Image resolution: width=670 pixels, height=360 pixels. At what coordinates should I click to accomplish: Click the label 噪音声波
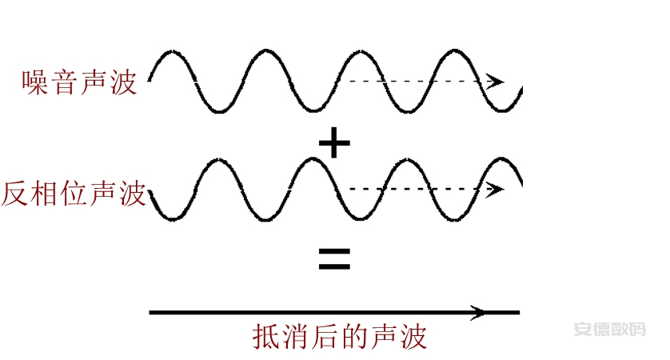pyautogui.click(x=79, y=82)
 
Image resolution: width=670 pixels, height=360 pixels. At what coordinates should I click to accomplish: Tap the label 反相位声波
pyautogui.click(x=74, y=194)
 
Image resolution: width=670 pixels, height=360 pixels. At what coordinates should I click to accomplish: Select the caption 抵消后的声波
pyautogui.click(x=340, y=337)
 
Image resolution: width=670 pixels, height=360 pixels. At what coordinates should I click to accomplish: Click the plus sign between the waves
pyautogui.click(x=334, y=143)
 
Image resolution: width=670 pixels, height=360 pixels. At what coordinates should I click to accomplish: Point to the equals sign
pyautogui.click(x=334, y=259)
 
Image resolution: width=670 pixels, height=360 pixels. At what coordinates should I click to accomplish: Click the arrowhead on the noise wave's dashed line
pyautogui.click(x=495, y=81)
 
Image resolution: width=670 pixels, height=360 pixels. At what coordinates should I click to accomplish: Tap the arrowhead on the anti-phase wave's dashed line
pyautogui.click(x=495, y=189)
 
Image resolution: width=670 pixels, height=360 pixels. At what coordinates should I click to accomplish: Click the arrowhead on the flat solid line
pyautogui.click(x=478, y=313)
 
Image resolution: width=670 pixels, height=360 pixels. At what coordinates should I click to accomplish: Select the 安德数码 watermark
pyautogui.click(x=609, y=330)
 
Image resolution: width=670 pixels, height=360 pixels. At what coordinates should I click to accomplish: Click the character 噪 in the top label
pyautogui.click(x=35, y=82)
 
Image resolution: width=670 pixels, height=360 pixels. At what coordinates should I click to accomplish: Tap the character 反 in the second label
pyautogui.click(x=14, y=194)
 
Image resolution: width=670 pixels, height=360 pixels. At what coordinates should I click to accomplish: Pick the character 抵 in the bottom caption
pyautogui.click(x=265, y=337)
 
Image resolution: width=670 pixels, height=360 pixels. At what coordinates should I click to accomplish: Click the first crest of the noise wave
pyautogui.click(x=172, y=52)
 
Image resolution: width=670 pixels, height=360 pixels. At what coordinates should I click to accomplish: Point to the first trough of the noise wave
pyautogui.click(x=219, y=110)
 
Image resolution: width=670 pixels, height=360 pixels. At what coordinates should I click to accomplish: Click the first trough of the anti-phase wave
pyautogui.click(x=172, y=219)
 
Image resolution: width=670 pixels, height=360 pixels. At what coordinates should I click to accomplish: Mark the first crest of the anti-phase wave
pyautogui.click(x=219, y=160)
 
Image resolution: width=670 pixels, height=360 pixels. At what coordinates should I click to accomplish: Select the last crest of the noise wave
pyautogui.click(x=454, y=51)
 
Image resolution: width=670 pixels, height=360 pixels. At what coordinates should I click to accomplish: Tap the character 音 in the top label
pyautogui.click(x=65, y=82)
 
